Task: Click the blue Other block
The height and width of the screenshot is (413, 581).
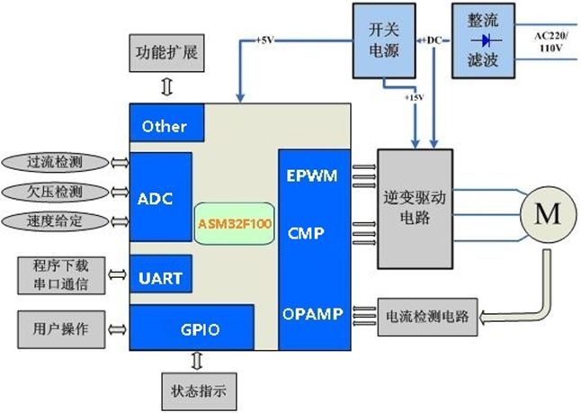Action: click(166, 122)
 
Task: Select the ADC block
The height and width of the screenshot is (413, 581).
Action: click(161, 197)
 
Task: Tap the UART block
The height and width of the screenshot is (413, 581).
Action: click(161, 274)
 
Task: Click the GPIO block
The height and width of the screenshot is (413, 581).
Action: click(192, 328)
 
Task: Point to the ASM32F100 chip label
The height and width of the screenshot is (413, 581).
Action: click(235, 223)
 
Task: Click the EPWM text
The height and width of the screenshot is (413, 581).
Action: click(312, 175)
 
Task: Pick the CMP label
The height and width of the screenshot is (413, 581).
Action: click(306, 233)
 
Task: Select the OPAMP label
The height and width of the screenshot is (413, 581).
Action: click(313, 314)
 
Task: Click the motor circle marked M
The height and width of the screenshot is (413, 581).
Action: click(549, 214)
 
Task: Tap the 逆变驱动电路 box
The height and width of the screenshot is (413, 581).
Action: click(415, 209)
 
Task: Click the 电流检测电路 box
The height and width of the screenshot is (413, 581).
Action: click(427, 317)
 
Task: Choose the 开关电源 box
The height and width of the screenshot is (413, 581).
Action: click(384, 40)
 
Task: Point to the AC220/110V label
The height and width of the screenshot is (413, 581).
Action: click(550, 42)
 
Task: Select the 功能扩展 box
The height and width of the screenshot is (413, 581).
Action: click(166, 53)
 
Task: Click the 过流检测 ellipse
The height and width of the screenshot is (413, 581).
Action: click(55, 162)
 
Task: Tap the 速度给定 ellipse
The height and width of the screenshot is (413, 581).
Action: click(55, 221)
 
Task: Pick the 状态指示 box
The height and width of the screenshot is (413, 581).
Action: click(199, 391)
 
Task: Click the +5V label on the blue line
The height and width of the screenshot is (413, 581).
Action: click(264, 40)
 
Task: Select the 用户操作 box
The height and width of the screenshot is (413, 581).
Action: click(61, 329)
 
